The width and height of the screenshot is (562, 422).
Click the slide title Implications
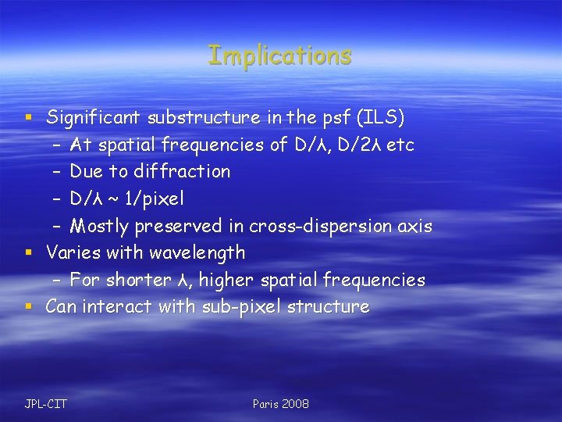coord(279,55)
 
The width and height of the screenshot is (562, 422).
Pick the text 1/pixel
coord(155,198)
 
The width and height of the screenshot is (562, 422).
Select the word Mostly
coord(99,226)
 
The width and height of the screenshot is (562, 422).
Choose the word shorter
coord(138,280)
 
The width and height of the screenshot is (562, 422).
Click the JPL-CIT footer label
coord(45,403)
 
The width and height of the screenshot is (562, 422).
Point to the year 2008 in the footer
coord(295,403)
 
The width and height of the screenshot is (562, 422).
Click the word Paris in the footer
coord(265,403)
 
